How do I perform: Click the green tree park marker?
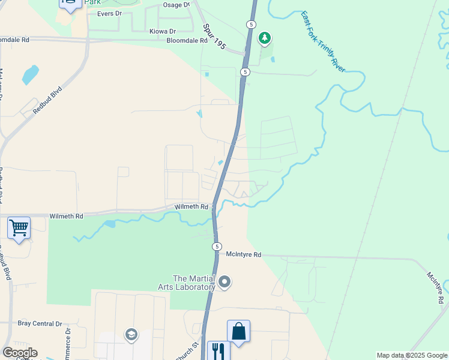(264, 39)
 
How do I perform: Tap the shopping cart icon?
(19, 227)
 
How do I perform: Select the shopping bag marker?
(238, 331)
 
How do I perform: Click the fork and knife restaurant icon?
(218, 351)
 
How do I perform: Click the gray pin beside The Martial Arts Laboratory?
(224, 281)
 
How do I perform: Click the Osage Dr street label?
(176, 5)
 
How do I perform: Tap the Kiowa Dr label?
(163, 31)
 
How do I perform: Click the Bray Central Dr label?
(40, 323)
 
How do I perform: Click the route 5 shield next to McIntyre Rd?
(217, 247)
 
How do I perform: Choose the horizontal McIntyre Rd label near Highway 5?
(244, 254)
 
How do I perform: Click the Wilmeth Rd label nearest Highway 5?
(190, 206)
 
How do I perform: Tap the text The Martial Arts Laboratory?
(194, 282)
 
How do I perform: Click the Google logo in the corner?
(20, 353)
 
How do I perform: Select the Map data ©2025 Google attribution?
(411, 355)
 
